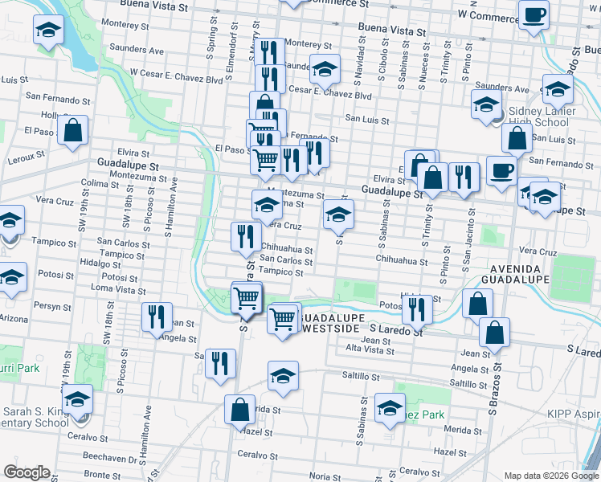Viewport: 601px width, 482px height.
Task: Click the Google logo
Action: (27, 472)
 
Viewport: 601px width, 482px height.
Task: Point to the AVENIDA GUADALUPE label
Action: (514, 272)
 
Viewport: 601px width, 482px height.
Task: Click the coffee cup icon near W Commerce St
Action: (534, 14)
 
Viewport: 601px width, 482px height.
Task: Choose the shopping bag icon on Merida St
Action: (240, 409)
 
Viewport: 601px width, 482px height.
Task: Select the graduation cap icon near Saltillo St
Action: (283, 376)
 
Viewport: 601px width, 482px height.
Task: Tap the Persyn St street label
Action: (52, 306)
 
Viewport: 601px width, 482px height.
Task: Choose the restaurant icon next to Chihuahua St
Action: (245, 236)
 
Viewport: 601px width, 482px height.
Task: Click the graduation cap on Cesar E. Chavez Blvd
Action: (325, 69)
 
